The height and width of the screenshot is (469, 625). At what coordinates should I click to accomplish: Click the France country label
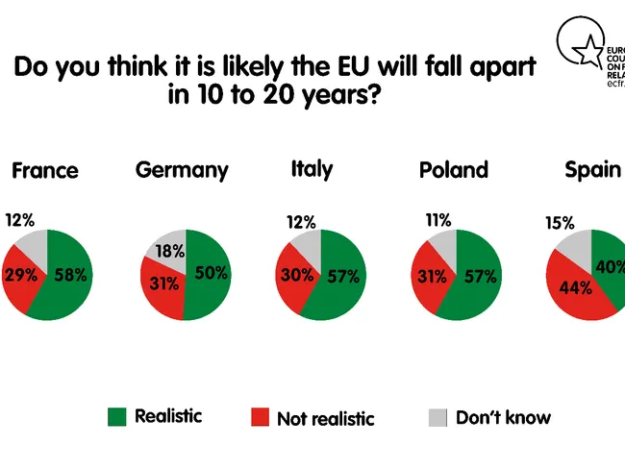44,171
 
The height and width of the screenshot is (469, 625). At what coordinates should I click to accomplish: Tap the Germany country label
182,171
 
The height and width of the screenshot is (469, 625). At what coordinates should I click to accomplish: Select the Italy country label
312,169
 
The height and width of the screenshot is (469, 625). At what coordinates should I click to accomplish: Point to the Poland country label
454,171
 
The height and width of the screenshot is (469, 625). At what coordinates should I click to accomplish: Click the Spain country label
592,169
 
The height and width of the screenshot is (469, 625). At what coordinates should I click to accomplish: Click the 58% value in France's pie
70,275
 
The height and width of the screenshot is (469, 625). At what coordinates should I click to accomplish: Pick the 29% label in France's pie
20,275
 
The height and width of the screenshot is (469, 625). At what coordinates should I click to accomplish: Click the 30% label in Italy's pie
295,275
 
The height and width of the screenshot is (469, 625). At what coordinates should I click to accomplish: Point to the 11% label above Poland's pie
437,220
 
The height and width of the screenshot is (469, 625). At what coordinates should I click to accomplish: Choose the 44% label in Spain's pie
579,286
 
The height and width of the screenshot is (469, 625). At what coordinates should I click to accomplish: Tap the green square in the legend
117,416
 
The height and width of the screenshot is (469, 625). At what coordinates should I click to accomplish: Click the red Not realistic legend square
260,417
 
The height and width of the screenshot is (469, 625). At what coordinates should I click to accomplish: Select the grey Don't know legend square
437,417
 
